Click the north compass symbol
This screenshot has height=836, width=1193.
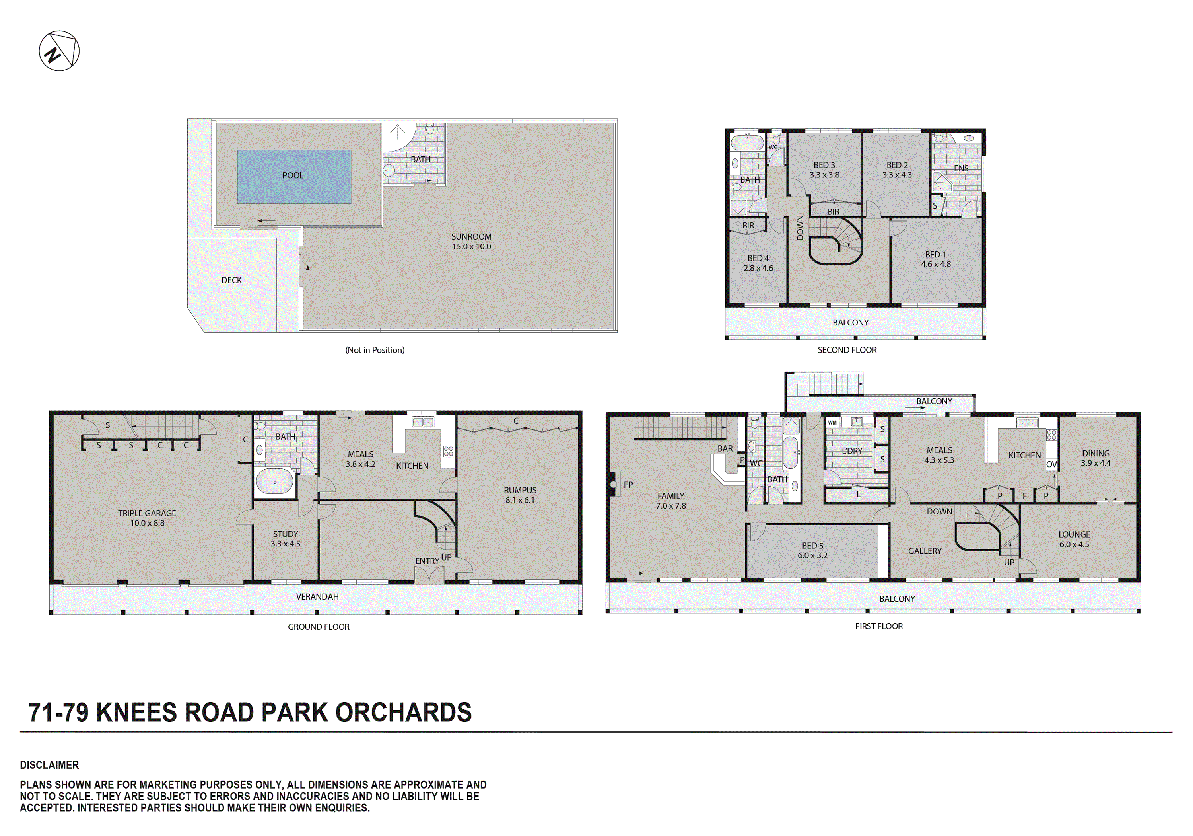pyautogui.click(x=59, y=51)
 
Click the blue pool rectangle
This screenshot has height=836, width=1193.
pyautogui.click(x=294, y=177)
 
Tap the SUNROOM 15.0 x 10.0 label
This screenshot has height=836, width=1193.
pyautogui.click(x=471, y=241)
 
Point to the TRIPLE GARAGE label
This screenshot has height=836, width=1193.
pyautogui.click(x=147, y=518)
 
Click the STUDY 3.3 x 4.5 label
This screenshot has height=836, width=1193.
pyautogui.click(x=285, y=539)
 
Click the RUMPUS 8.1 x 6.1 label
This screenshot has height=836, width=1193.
pyautogui.click(x=520, y=495)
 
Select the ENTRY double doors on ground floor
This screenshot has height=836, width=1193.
pyautogui.click(x=429, y=575)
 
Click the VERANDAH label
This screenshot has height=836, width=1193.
pyautogui.click(x=317, y=596)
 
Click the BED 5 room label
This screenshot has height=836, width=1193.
pyautogui.click(x=812, y=550)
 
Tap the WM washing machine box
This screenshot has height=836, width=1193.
pyautogui.click(x=832, y=423)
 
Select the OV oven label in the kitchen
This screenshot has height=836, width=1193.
pyautogui.click(x=1051, y=464)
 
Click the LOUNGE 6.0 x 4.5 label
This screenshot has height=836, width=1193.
pyautogui.click(x=1074, y=539)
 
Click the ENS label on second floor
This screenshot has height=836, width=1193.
pyautogui.click(x=961, y=168)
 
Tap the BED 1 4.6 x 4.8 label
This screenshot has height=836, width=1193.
pyautogui.click(x=935, y=259)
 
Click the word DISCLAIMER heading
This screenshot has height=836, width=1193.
pyautogui.click(x=49, y=765)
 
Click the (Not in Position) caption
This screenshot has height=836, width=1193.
pyautogui.click(x=375, y=350)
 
